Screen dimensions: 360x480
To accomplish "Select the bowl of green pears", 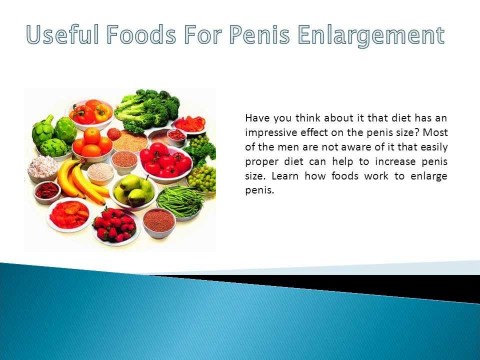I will [135, 188].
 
